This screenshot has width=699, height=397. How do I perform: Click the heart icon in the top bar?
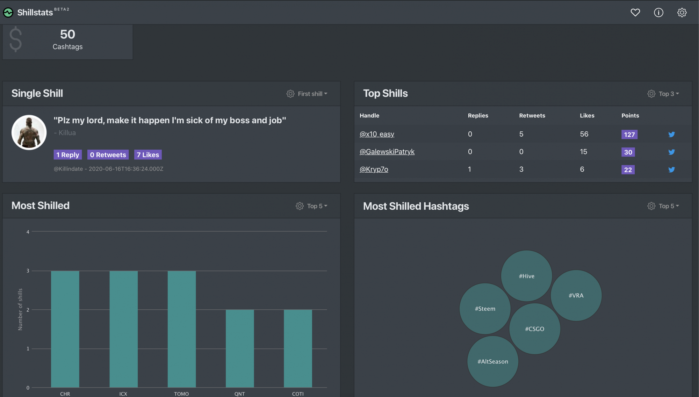(x=635, y=13)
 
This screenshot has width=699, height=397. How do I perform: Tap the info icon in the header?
(x=658, y=13)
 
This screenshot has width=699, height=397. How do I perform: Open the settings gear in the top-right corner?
(x=682, y=13)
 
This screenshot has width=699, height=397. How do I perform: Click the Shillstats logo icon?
(x=8, y=13)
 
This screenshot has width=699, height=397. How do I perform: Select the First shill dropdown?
(x=307, y=94)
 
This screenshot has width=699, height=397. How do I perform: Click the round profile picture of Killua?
(x=29, y=132)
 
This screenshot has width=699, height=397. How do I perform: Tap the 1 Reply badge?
(x=68, y=155)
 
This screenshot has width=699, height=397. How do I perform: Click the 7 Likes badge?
(x=148, y=155)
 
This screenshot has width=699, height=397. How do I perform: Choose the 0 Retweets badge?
(x=108, y=155)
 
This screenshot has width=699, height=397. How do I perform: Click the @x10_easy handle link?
(x=377, y=134)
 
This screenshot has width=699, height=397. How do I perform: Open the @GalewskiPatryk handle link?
(x=387, y=152)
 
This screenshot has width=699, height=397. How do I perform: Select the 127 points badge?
(x=629, y=135)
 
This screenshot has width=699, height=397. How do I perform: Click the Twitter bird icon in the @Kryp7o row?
(x=671, y=169)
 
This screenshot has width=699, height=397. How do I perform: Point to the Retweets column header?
(x=532, y=116)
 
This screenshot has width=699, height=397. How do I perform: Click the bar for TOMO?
(x=182, y=329)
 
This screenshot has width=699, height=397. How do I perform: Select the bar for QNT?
(x=240, y=348)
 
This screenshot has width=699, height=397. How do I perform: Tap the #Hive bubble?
(x=527, y=276)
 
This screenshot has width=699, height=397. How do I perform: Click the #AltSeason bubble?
(x=493, y=361)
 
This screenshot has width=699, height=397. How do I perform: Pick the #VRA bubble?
(x=576, y=295)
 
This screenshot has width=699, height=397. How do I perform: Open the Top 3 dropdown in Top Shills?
(x=663, y=94)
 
